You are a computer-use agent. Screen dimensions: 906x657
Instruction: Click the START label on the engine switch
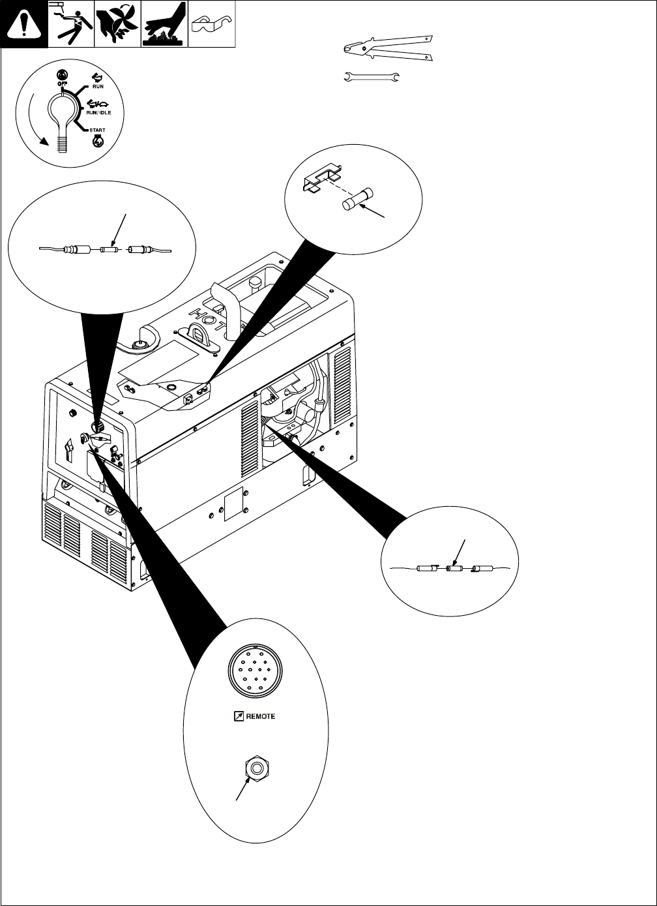coord(96,130)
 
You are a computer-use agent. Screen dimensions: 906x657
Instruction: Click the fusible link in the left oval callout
coord(108,249)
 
